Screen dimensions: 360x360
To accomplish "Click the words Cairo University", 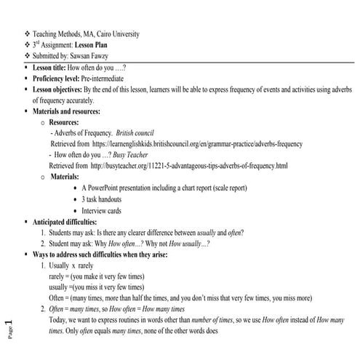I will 116,34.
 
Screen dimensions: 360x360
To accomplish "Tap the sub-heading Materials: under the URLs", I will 70,177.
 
